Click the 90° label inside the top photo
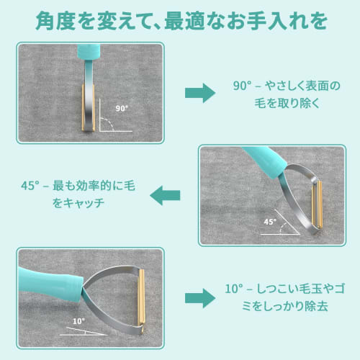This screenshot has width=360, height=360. (121, 108)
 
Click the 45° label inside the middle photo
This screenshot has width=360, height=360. (270, 221)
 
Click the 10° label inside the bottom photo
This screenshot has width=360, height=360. (78, 320)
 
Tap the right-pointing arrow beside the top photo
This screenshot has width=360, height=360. (200, 92)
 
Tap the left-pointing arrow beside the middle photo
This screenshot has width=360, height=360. (164, 194)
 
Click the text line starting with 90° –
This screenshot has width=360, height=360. (279, 85)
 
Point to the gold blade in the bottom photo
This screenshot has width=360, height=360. (141, 298)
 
